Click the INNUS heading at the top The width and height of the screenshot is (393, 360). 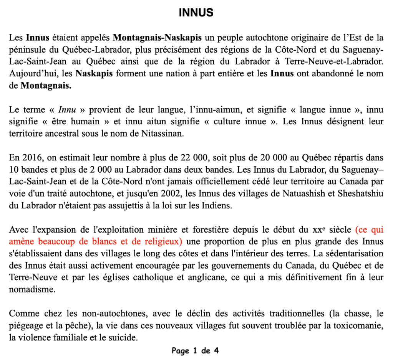tap(196, 13)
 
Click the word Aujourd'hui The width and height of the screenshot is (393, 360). tap(29, 74)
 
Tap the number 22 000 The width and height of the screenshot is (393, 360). tap(196, 157)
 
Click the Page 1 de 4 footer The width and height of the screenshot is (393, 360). tap(196, 351)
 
